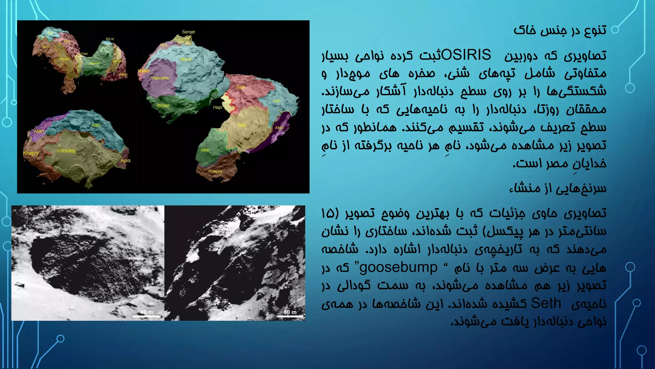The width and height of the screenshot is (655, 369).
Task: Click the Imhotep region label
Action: click(66, 151)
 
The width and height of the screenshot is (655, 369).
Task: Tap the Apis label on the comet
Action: click(125, 160)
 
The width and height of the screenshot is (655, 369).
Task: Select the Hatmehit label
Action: click(160, 78)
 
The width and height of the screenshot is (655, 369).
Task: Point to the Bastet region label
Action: click(163, 105)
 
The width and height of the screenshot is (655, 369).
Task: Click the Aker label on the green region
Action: click(205, 150)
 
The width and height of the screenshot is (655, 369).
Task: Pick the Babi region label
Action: click(242, 125)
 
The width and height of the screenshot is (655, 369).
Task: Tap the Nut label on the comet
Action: click(163, 45)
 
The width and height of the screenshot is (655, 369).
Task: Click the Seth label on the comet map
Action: click(241, 87)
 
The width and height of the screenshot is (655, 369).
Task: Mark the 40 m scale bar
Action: click(146, 316)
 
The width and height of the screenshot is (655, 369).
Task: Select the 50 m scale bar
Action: click(290, 316)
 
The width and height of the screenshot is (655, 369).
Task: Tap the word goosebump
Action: click(399, 267)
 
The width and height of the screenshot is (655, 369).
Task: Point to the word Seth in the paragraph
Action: click(546, 303)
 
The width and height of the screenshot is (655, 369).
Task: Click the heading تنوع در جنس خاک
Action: click(560, 30)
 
